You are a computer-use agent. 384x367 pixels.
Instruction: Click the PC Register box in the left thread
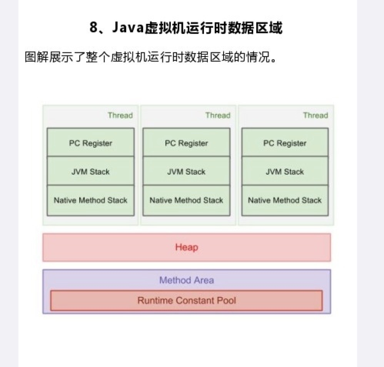click(90, 143)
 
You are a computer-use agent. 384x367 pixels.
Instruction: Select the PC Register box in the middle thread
click(186, 143)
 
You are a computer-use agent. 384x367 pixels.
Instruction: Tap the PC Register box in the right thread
click(285, 143)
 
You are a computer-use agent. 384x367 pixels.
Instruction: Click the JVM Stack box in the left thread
click(90, 171)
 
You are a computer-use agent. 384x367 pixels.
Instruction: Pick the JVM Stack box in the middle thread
click(186, 171)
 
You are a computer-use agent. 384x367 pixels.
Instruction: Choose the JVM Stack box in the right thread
click(285, 171)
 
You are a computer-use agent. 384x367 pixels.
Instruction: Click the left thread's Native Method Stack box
click(90, 200)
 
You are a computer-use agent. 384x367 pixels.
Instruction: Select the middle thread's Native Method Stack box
click(186, 200)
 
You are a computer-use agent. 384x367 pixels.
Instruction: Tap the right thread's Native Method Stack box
click(285, 200)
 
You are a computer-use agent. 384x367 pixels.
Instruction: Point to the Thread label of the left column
click(120, 115)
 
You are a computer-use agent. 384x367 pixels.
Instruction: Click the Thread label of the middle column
click(218, 115)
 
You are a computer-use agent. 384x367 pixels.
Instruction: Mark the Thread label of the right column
click(316, 115)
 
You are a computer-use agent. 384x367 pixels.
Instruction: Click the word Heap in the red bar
click(187, 247)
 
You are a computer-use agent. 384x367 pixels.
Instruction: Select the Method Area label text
click(187, 280)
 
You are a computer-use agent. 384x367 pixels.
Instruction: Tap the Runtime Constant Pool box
click(187, 300)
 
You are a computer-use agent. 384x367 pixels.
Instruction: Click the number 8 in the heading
click(93, 28)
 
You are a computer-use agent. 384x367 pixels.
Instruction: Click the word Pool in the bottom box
click(227, 300)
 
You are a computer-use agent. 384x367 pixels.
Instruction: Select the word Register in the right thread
click(291, 143)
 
